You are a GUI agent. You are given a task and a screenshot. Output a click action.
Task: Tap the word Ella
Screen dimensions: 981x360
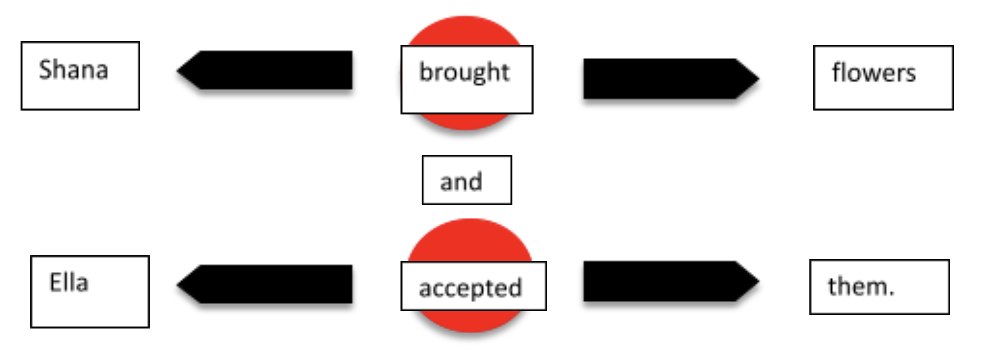pos(69,283)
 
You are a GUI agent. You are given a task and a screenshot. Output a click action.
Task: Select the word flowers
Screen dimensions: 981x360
pos(874,73)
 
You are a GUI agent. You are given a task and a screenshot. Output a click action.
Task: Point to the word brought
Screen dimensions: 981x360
pos(464,72)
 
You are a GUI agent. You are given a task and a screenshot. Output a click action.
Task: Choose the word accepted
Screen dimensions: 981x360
pos(470,288)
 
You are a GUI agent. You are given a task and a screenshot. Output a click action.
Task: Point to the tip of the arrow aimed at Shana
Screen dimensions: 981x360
pos(179,69)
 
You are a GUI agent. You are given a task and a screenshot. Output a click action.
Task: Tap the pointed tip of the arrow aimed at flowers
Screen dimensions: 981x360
pos(758,79)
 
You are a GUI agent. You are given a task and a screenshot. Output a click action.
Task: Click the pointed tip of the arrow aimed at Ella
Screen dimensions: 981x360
pos(179,283)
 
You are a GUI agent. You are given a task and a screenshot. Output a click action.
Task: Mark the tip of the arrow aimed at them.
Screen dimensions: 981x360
pos(758,281)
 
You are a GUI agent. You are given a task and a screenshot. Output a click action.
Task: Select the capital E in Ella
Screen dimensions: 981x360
pos(55,283)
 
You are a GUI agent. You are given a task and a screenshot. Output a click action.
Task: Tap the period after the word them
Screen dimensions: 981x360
pos(891,292)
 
